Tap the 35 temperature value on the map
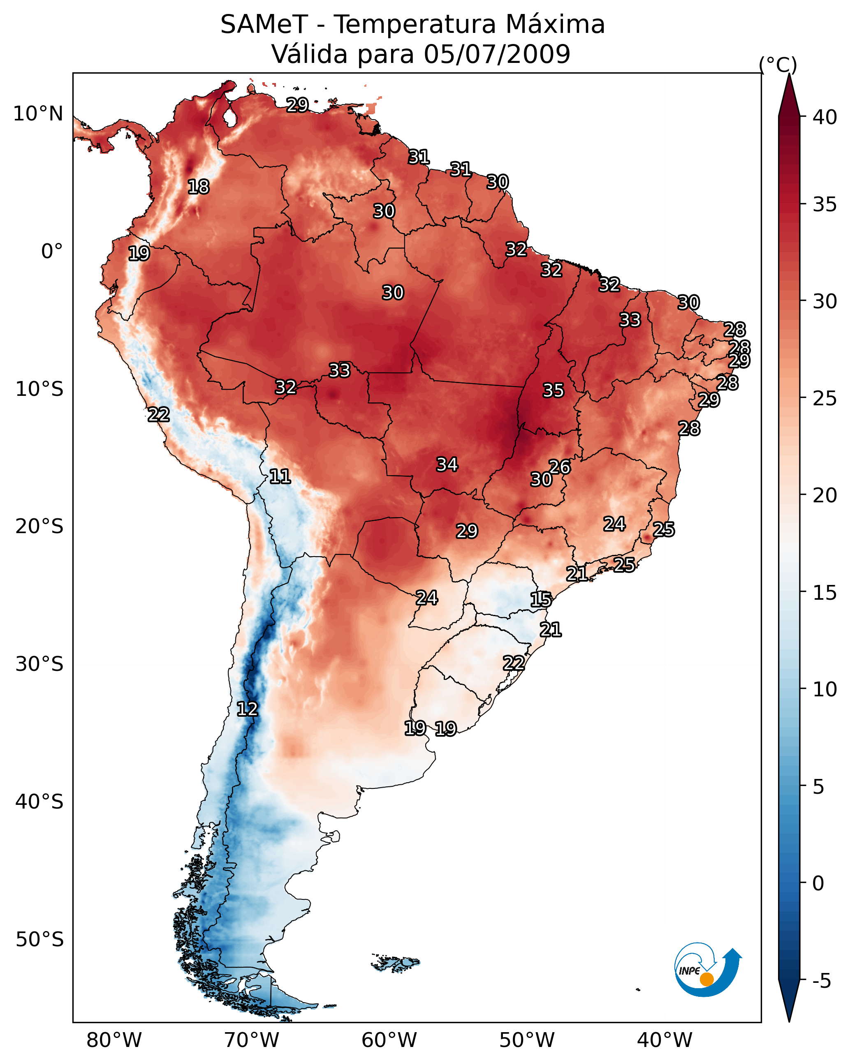tap(553, 391)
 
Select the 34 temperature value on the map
tap(447, 464)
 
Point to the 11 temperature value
tap(280, 476)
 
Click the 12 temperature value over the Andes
tap(247, 709)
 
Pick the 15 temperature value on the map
tap(541, 600)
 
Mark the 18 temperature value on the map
tap(198, 187)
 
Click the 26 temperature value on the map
tap(559, 467)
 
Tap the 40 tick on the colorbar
tap(825, 117)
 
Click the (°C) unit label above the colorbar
tap(778, 65)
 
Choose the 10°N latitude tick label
tap(38, 114)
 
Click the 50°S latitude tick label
tap(39, 940)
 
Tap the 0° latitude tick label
tap(52, 252)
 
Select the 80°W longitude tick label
tap(114, 1040)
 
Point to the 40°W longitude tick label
tap(665, 1040)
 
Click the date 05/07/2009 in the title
tap(497, 54)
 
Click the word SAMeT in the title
tap(264, 25)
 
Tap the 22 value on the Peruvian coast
tap(158, 415)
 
